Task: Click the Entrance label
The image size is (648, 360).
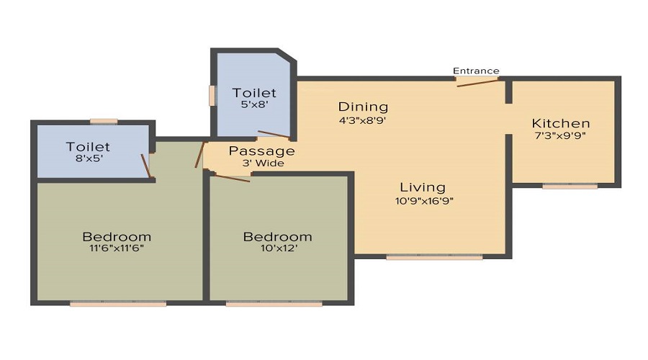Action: coord(476,71)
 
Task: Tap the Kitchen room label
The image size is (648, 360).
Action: coord(561,123)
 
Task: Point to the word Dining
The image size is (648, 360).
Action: coord(363,107)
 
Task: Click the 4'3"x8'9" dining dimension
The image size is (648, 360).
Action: coord(363,120)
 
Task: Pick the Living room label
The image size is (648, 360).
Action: coord(423,188)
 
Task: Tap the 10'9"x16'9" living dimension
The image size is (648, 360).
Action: coord(423,201)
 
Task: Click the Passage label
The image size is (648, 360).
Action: coord(262,150)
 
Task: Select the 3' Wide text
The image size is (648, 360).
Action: coord(262,163)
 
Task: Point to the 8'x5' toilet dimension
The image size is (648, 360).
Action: coord(88,160)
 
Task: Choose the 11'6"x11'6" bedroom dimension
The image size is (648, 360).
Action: coord(117,249)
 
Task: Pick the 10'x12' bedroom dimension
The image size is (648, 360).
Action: coord(277,249)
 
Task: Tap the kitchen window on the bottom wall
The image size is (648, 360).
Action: coord(570,186)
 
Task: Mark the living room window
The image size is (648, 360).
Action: coord(434,257)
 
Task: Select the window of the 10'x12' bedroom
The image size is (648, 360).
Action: coord(274,304)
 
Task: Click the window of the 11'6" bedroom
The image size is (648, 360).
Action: coord(118,304)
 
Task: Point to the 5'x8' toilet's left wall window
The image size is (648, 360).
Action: coord(212,96)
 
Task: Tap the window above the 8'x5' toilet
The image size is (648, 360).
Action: coord(104,121)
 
